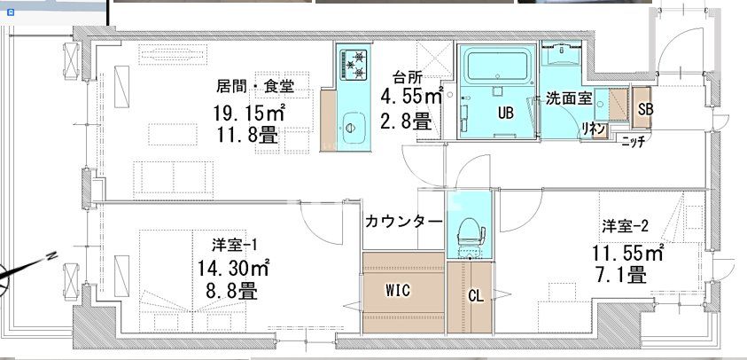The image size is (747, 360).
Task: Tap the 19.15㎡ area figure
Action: click(248, 113)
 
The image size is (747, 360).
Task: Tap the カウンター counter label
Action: click(402, 221)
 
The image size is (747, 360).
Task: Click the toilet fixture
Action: click(466, 232)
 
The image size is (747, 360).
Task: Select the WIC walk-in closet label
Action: click(397, 289)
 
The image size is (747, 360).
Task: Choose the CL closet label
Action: click(475, 294)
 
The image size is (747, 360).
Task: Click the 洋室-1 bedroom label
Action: click(234, 244)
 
